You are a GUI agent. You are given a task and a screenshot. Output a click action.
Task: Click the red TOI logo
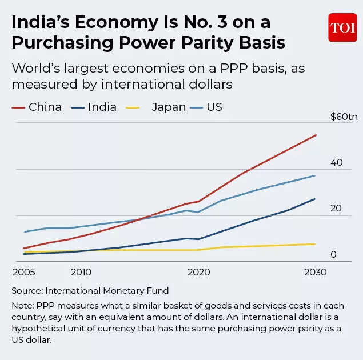point(342,27)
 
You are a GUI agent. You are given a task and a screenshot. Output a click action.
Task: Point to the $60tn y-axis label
point(344,117)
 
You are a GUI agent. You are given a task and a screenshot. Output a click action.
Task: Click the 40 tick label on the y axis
point(336,162)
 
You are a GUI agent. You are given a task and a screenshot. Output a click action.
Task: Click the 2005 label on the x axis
point(23,272)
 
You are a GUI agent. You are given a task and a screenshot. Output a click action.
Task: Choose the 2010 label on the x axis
point(81,272)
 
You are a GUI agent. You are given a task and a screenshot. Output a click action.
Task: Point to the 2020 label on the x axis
point(198,272)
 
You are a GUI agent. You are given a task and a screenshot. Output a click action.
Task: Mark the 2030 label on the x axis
point(315,272)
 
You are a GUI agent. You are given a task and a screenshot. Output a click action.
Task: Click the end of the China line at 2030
point(316,135)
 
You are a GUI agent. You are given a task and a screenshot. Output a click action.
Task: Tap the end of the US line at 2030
point(315,175)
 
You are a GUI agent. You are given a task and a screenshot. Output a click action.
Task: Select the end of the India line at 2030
point(315,199)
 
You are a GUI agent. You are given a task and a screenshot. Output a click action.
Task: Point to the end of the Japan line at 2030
point(315,244)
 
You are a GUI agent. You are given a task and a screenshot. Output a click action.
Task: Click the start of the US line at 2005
point(24,231)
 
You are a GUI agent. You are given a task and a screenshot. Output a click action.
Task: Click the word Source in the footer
point(26,291)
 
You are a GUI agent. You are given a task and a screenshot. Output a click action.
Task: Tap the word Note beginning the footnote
point(22,306)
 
